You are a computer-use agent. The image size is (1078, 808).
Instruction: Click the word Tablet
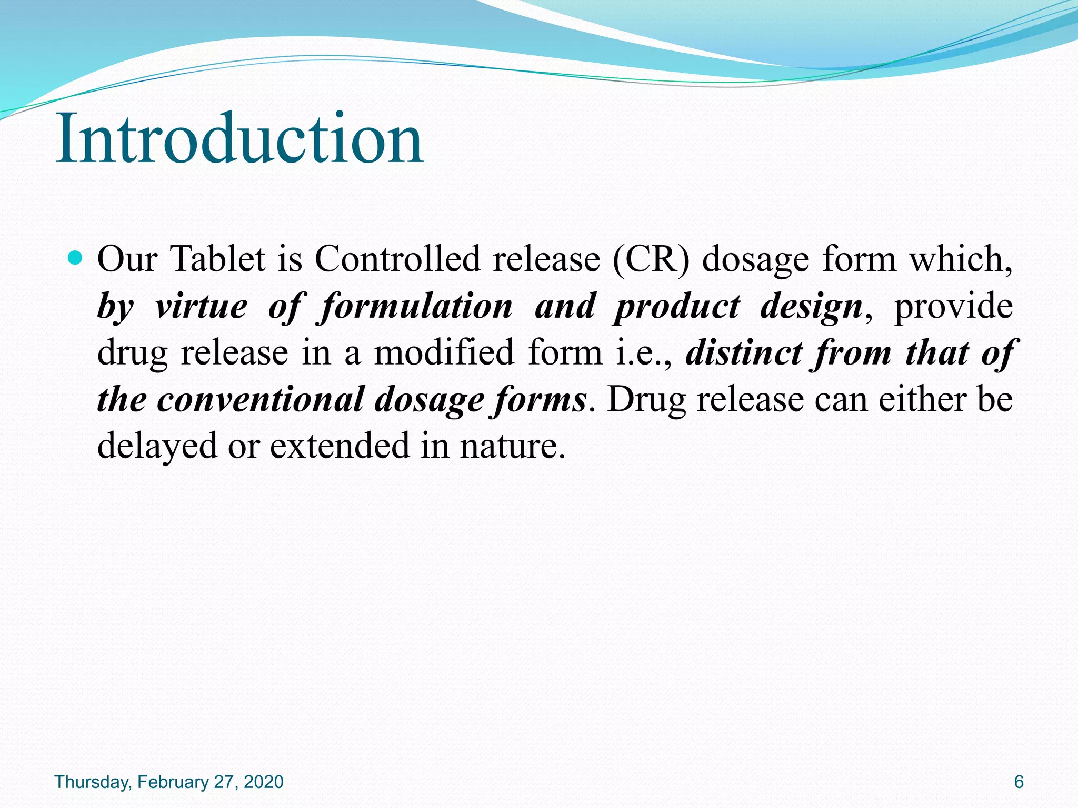click(x=218, y=259)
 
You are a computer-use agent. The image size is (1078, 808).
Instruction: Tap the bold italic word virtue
click(x=201, y=306)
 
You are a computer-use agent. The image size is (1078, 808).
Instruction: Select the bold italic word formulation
click(x=416, y=306)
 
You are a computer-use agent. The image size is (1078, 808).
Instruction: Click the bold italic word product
click(x=677, y=307)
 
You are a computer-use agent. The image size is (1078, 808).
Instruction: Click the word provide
click(x=953, y=307)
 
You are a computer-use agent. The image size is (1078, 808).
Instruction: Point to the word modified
click(x=444, y=352)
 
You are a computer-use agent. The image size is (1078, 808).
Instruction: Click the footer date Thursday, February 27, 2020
click(x=169, y=782)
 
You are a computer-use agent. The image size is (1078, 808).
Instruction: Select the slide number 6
click(x=1019, y=782)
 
